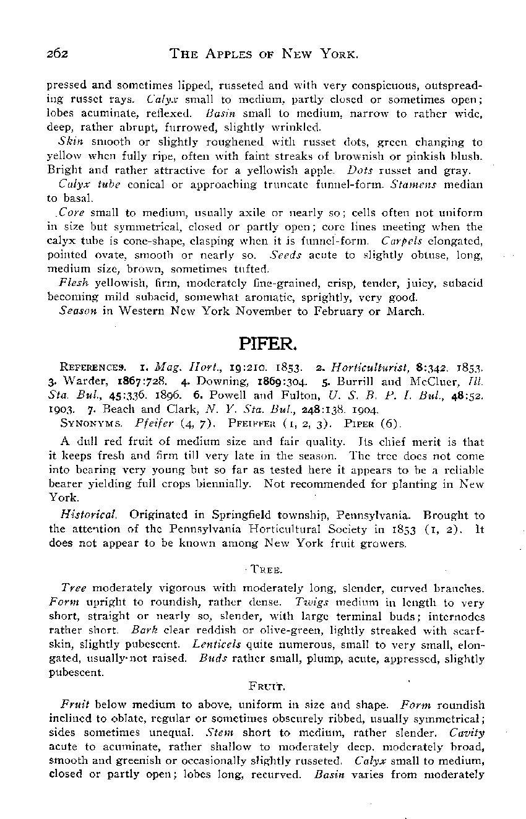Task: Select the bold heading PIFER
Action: coord(262,342)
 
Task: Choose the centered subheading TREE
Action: coord(262,568)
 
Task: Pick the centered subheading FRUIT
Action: coord(262,687)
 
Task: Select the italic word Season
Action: coord(76,311)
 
